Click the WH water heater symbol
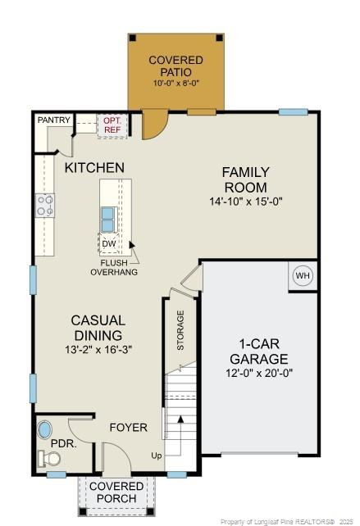[x=303, y=276]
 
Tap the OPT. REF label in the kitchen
[x=111, y=125]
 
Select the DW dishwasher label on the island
[x=109, y=243]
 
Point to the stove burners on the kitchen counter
[x=44, y=205]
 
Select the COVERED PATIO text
[x=175, y=66]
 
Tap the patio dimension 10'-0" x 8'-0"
[x=175, y=84]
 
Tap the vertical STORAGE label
[x=180, y=330]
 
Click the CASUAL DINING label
[x=98, y=328]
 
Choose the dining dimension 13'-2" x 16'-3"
[x=98, y=349]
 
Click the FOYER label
[x=129, y=427]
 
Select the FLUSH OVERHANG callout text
[x=114, y=266]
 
